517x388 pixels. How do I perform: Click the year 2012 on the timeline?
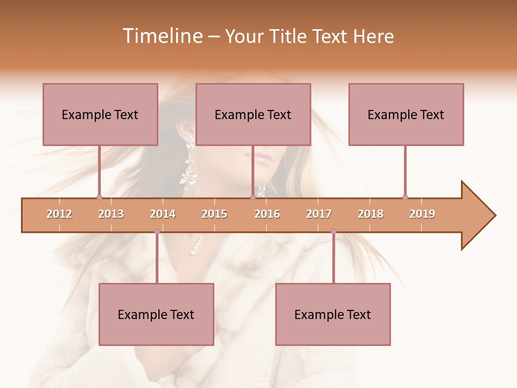tap(59, 214)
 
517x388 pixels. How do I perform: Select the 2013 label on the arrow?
tap(111, 214)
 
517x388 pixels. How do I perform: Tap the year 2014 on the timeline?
tap(163, 214)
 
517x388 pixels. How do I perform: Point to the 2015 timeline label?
tap(214, 214)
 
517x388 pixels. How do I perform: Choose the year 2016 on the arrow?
tap(267, 214)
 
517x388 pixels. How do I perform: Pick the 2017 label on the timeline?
tap(319, 214)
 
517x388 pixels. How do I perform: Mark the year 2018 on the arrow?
tap(371, 214)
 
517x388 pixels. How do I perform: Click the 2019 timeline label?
tap(422, 214)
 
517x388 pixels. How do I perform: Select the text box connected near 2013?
tap(100, 114)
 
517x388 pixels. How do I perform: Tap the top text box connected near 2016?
tap(253, 114)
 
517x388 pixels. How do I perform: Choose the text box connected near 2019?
tap(406, 114)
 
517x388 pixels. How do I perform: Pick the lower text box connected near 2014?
tap(156, 314)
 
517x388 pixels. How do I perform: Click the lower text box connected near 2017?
tap(333, 314)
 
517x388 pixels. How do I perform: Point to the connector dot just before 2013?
tap(99, 197)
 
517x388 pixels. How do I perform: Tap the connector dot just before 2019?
tap(405, 197)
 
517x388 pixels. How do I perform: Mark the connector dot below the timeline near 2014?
tap(157, 232)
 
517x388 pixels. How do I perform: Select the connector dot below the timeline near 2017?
tap(333, 232)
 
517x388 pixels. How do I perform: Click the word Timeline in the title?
tap(162, 36)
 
